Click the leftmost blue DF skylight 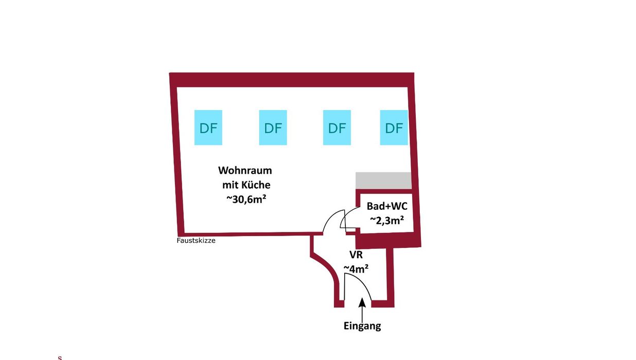pos(208,128)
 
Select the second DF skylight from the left pos(273,128)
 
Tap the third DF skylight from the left pos(337,128)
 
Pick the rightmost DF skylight pos(394,128)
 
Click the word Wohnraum pos(245,170)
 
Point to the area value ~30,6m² pos(245,200)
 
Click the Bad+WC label pos(387,206)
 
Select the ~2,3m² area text pos(386,221)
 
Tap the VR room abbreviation pos(356,255)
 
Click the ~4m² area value pos(356,268)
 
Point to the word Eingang pos(362,326)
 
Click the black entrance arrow pos(362,309)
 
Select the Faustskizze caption pos(196,240)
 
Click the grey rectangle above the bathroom pos(383,181)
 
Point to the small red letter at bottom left pos(60,357)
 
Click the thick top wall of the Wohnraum pos(292,80)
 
